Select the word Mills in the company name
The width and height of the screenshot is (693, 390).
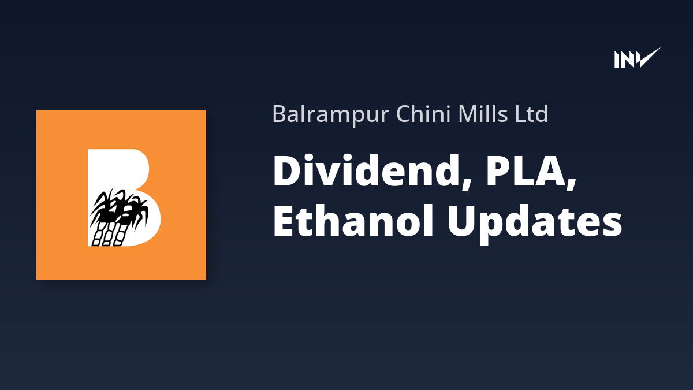[x=482, y=113]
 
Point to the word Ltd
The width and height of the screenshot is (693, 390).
[x=531, y=113]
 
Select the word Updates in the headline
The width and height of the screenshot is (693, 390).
[x=535, y=224]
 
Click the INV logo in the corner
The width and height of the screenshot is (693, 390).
[x=638, y=58]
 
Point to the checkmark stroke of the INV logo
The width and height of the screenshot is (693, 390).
[x=649, y=58]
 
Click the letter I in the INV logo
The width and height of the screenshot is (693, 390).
[x=617, y=60]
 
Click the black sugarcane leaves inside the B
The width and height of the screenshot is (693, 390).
[x=119, y=207]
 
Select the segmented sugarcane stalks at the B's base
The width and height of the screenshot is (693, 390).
[x=109, y=235]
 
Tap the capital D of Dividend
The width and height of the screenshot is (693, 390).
[x=289, y=170]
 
